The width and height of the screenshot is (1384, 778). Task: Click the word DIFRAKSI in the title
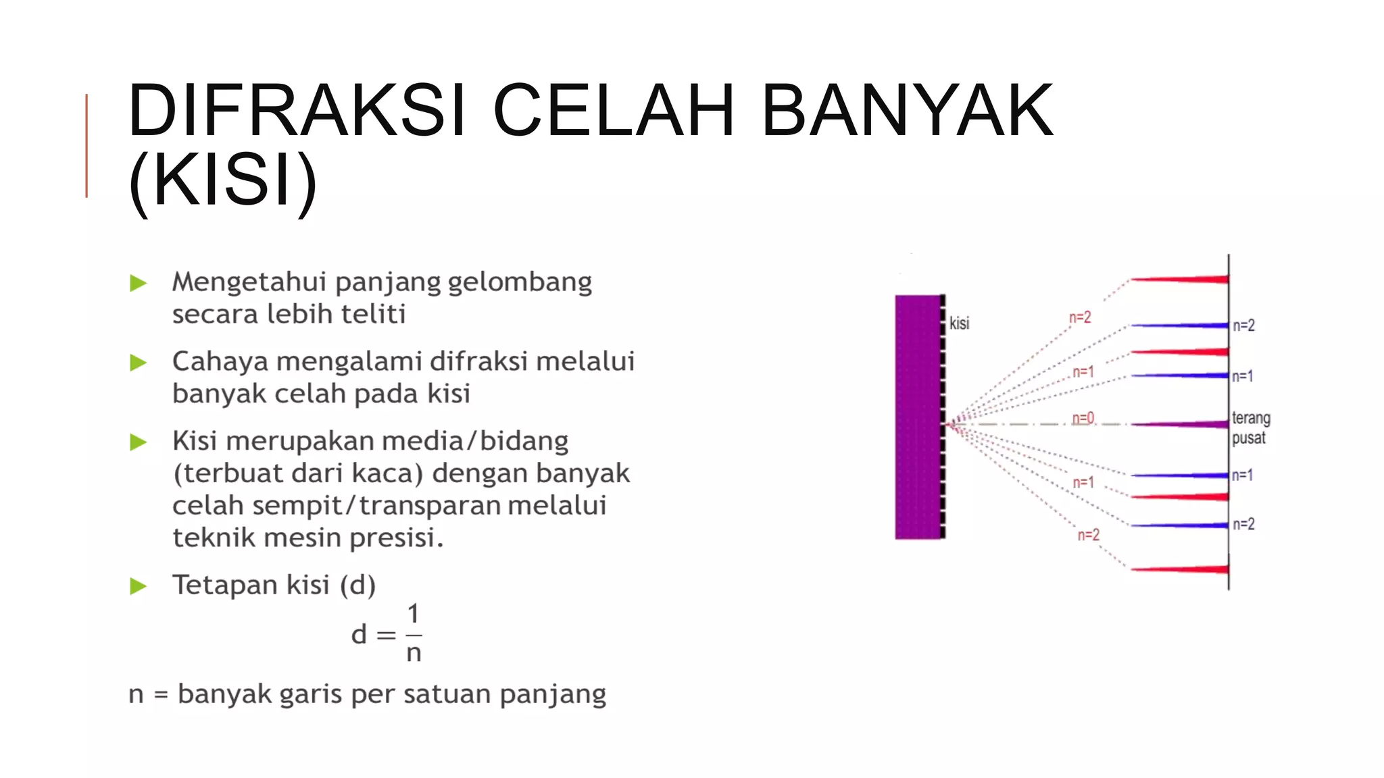296,110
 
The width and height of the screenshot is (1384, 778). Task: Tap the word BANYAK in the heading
907,110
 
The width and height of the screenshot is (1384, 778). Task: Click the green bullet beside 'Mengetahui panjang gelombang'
139,283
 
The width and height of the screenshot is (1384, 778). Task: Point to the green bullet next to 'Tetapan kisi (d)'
139,586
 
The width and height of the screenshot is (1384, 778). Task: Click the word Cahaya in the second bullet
220,362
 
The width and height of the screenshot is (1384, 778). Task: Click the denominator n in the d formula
414,653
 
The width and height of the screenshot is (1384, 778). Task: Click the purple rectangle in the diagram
918,417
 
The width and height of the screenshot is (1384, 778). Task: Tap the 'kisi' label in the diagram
959,323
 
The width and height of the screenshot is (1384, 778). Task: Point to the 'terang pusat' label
1250,428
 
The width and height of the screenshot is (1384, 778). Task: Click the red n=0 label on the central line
1083,419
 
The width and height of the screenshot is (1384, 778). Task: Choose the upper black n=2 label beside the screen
1243,326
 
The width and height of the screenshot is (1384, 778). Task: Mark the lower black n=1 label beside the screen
1242,475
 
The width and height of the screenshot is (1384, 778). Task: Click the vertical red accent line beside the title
86,146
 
